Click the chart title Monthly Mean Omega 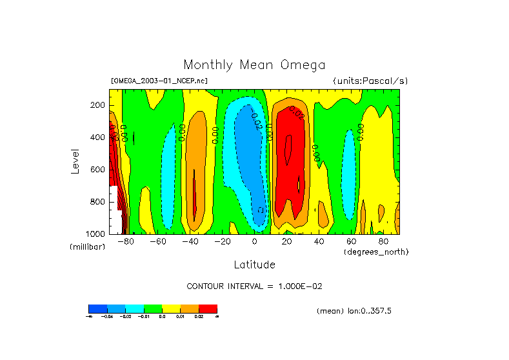click(254, 65)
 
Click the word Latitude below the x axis click(254, 265)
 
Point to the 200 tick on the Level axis click(98, 105)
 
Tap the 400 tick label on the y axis click(98, 137)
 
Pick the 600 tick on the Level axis click(98, 170)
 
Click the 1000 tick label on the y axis click(96, 234)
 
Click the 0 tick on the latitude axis click(254, 242)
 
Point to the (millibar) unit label click(87, 247)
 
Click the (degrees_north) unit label click(376, 252)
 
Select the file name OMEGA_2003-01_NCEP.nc click(159, 81)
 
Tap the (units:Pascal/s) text click(370, 81)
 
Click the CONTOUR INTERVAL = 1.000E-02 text click(255, 286)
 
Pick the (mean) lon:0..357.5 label click(354, 311)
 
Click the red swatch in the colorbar click(208, 308)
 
